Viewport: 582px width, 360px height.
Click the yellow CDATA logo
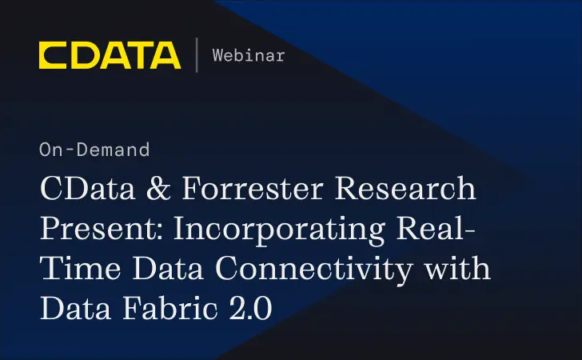coord(110,54)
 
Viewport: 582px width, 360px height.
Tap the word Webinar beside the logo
coord(249,55)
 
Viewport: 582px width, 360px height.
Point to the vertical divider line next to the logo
coord(197,54)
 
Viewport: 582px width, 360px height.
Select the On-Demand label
coord(94,149)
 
